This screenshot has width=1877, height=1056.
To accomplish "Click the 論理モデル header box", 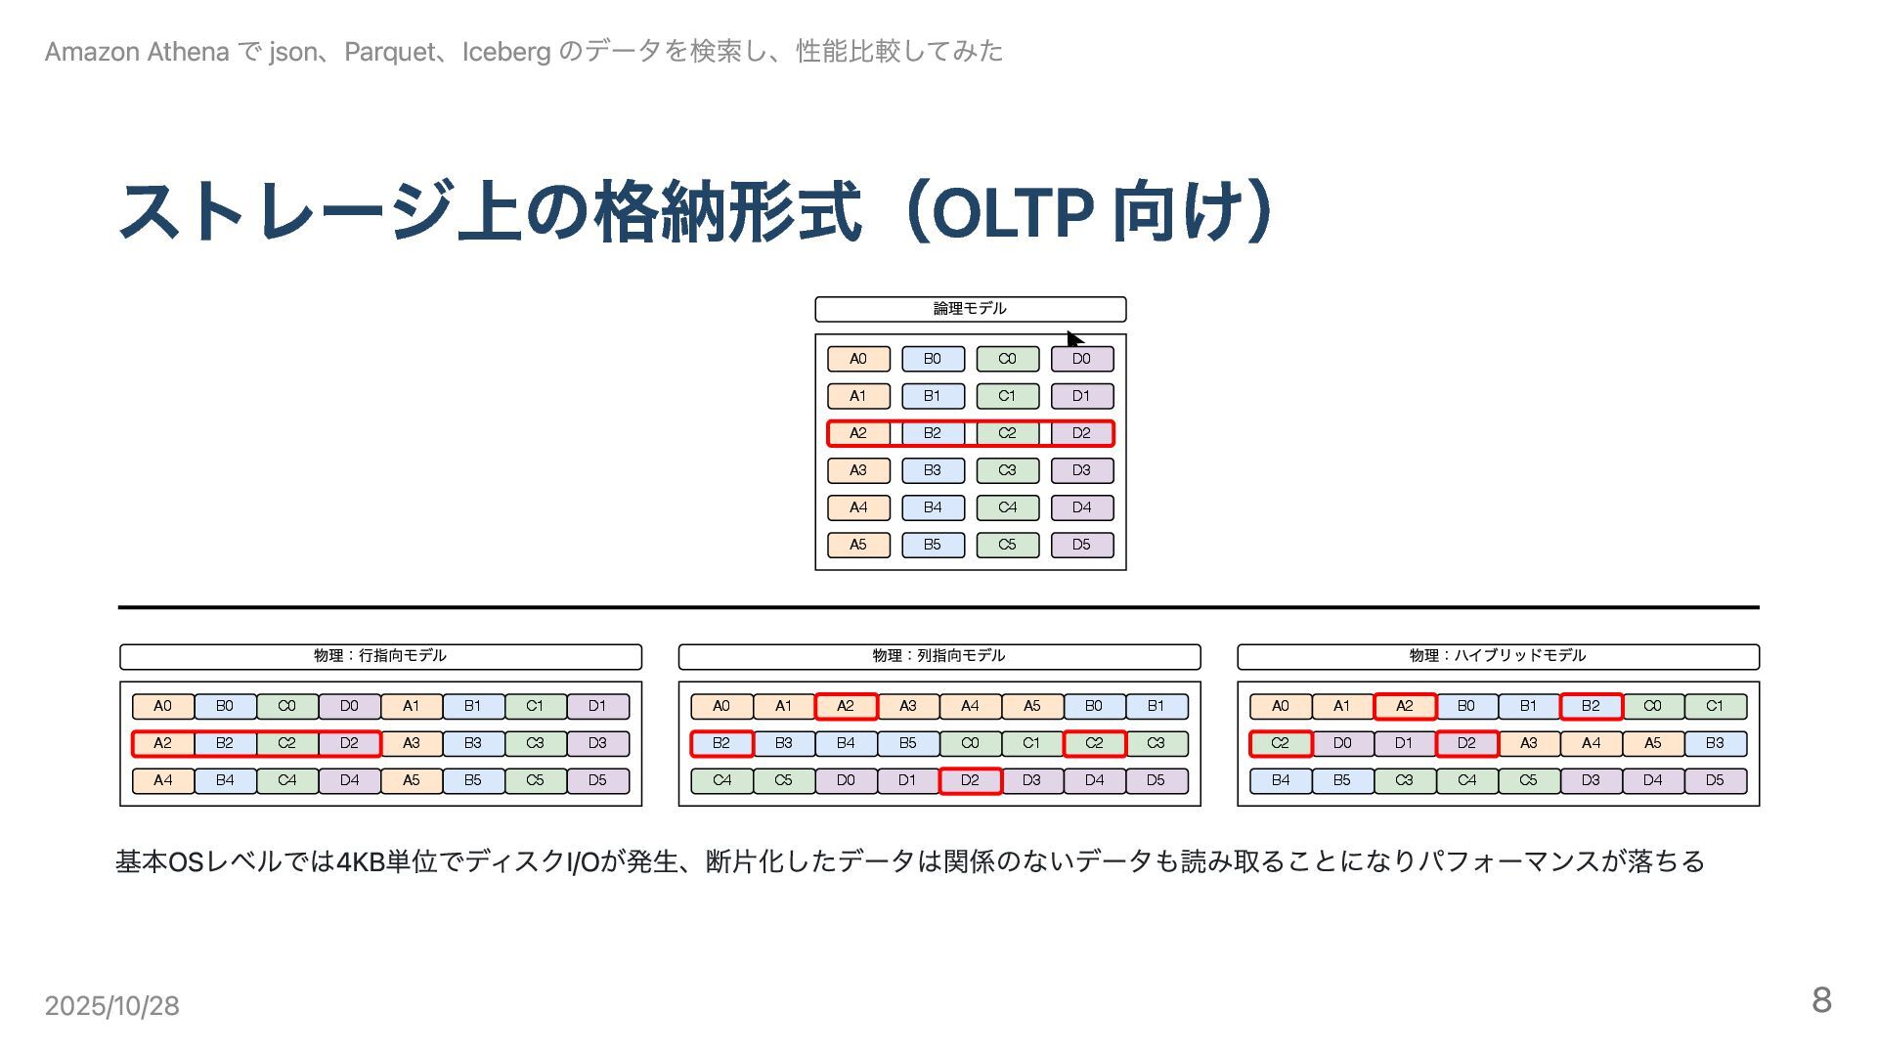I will click(x=970, y=309).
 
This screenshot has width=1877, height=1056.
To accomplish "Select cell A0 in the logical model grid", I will click(x=858, y=359).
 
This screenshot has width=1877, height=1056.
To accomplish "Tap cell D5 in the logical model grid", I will click(x=1081, y=545).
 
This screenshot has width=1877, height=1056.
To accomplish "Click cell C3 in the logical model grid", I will click(x=1007, y=470).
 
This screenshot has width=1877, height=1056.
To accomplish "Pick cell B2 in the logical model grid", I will click(x=933, y=433).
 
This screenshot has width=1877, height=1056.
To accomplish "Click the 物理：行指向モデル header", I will click(x=380, y=656).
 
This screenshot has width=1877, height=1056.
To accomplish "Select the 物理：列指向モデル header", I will click(x=938, y=656).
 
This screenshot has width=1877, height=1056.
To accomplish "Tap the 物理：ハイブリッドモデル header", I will click(x=1498, y=656).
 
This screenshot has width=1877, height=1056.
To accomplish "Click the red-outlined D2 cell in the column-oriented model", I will click(x=970, y=780).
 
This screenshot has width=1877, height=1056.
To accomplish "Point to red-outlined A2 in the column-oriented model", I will click(x=846, y=706).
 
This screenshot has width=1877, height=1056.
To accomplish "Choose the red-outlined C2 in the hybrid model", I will click(x=1281, y=743).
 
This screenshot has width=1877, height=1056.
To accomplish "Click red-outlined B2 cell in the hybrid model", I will click(x=1591, y=706).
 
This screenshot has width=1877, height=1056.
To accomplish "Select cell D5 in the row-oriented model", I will click(x=597, y=780).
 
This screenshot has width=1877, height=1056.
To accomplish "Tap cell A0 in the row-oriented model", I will click(x=163, y=706).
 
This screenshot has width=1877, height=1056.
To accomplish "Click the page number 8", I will click(x=1821, y=1000).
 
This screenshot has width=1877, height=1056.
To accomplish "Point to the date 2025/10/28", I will click(x=112, y=1006).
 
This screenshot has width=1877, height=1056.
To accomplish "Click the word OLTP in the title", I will click(x=1012, y=212).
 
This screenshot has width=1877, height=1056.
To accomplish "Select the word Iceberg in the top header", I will click(x=506, y=52).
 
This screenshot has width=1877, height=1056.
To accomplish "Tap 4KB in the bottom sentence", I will click(x=360, y=861).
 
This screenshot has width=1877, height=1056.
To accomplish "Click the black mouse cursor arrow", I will click(x=1073, y=339).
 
